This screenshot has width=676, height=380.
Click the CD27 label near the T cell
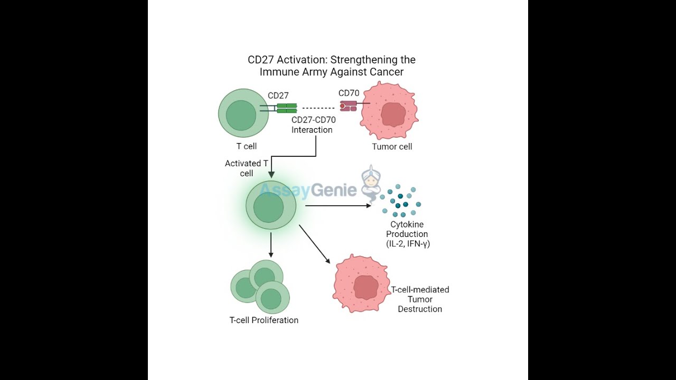[278, 96]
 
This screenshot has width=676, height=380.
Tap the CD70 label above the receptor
[349, 93]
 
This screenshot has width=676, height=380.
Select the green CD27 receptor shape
[287, 108]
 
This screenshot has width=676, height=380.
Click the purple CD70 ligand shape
[348, 107]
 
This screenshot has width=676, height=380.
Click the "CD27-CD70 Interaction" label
[313, 125]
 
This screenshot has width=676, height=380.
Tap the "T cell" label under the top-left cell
[246, 146]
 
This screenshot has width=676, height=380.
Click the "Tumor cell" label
[392, 147]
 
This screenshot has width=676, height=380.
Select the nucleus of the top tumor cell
[392, 115]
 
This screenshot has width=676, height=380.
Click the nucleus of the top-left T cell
[241, 115]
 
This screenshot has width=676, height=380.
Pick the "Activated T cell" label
[246, 168]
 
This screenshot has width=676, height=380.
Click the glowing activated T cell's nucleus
[268, 208]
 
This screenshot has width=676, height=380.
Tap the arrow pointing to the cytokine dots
[338, 205]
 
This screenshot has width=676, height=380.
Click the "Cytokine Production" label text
[407, 230]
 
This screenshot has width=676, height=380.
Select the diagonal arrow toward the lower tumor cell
[315, 244]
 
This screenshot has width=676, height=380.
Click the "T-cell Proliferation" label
[264, 320]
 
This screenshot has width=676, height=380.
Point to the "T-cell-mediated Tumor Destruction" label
[420, 299]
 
